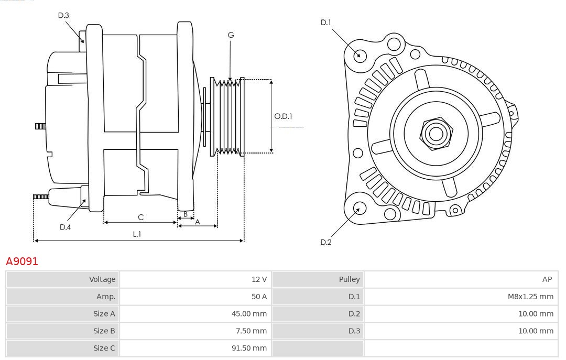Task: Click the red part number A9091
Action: click(22, 261)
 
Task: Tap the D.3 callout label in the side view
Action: click(63, 15)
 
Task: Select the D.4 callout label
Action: click(65, 227)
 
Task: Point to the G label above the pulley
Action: click(231, 35)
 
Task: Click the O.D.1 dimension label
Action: click(283, 116)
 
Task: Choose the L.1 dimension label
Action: click(137, 234)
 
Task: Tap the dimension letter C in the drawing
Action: click(140, 217)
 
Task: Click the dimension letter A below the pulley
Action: click(198, 222)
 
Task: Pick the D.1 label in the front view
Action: click(326, 22)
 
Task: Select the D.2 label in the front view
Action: click(326, 242)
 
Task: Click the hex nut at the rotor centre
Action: click(436, 134)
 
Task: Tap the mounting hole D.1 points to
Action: click(360, 54)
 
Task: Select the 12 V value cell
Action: click(259, 279)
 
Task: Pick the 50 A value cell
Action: click(259, 297)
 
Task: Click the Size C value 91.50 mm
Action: click(249, 348)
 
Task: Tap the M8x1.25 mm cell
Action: click(530, 297)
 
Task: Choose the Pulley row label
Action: click(349, 279)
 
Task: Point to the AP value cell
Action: click(547, 279)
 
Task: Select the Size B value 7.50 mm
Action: click(252, 331)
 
